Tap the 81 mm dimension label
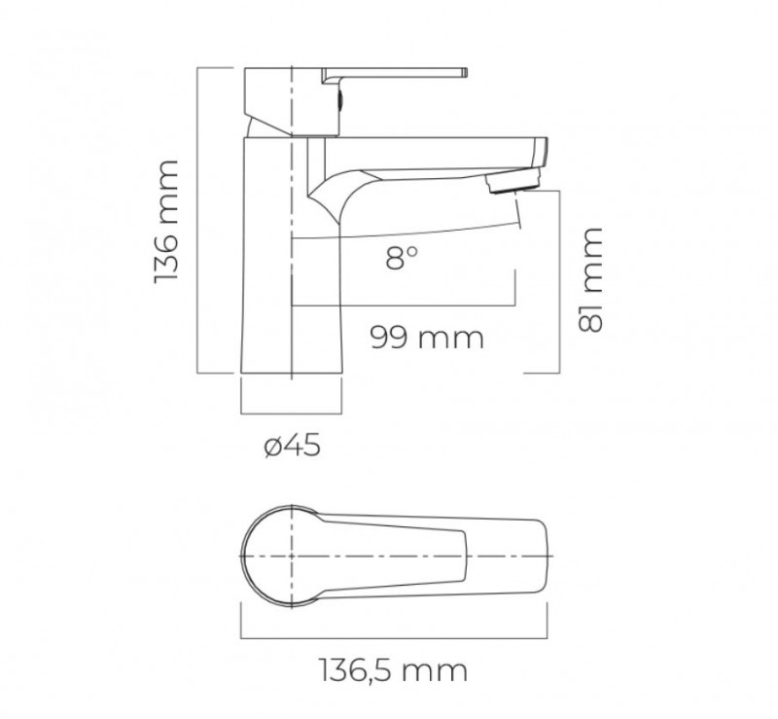point(590,280)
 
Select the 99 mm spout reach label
point(426,338)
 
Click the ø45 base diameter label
point(292,447)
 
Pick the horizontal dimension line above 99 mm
point(404,308)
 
